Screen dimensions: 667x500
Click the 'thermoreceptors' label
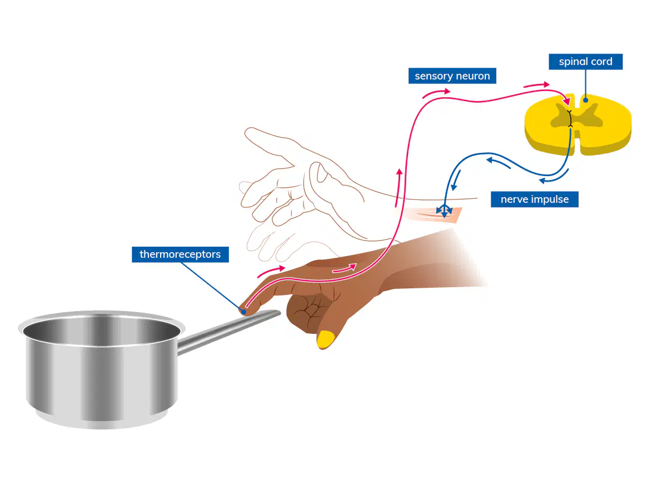180,254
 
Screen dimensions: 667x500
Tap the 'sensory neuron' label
452,76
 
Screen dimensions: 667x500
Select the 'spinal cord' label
585,62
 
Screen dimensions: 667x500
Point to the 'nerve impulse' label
535,199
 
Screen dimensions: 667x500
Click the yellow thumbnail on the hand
326,339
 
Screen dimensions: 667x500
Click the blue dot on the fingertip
243,312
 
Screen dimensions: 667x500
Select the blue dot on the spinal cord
585,100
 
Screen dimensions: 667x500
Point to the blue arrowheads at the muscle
444,211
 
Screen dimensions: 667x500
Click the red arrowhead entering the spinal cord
566,102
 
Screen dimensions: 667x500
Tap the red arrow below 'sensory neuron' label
436,93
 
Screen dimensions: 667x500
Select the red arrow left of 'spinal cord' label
536,84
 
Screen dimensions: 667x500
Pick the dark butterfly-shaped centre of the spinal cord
576,116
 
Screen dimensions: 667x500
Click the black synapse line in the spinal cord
570,118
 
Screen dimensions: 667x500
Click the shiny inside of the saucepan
102,329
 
